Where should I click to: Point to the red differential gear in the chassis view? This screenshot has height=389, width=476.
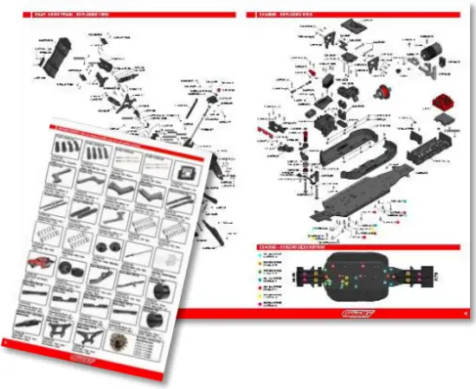pyautogui.click(x=377, y=92)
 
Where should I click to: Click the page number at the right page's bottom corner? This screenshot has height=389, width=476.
pyautogui.click(x=466, y=314)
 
